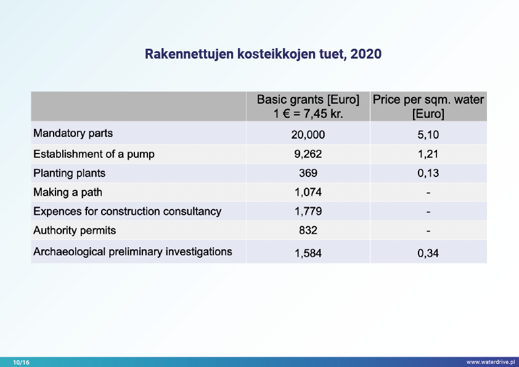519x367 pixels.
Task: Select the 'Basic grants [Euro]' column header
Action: pos(308,100)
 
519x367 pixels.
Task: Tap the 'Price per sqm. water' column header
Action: pos(428,100)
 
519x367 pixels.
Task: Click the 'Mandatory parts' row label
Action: pos(73,133)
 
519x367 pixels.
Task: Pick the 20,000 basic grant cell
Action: pos(308,135)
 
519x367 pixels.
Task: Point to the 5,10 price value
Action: pos(428,135)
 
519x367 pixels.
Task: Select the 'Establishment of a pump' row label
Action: pos(94,154)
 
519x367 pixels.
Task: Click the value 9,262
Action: pos(308,154)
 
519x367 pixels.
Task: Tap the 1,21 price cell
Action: pos(428,154)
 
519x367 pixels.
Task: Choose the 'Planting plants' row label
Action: pos(69,173)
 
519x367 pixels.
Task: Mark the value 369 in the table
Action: pos(308,173)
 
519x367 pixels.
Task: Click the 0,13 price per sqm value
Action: pos(428,173)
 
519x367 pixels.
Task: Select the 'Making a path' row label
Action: pos(68,192)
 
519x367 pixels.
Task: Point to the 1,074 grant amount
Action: pos(308,192)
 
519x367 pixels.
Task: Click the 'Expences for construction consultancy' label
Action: pos(127,212)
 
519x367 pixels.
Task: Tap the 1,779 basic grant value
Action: pos(308,212)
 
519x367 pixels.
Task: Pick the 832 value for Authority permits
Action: pos(308,231)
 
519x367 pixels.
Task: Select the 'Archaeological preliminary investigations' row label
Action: pos(133,252)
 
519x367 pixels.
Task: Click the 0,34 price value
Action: pos(428,252)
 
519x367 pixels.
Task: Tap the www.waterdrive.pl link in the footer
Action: pos(490,362)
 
